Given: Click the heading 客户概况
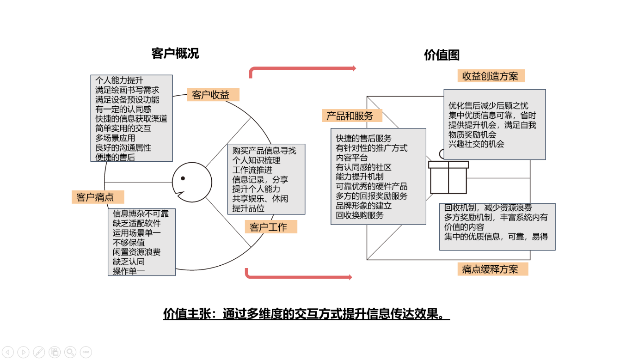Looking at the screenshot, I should pos(175,54).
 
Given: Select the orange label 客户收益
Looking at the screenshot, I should pos(213,95).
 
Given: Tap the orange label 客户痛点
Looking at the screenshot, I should pos(98,197).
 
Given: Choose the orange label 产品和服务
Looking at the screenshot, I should pos(352,116).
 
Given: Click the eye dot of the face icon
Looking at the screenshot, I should pos(183,178).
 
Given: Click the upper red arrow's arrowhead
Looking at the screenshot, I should pos(354,68).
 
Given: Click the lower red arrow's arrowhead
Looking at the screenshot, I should pos(350,277).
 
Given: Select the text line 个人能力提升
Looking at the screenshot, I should pos(119,80).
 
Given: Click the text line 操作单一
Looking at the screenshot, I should pos(129,271).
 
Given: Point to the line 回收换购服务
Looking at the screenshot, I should pos(360,215).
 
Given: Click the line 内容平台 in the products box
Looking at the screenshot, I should pos(352,158).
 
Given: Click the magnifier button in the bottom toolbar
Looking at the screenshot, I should pos(70,352).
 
